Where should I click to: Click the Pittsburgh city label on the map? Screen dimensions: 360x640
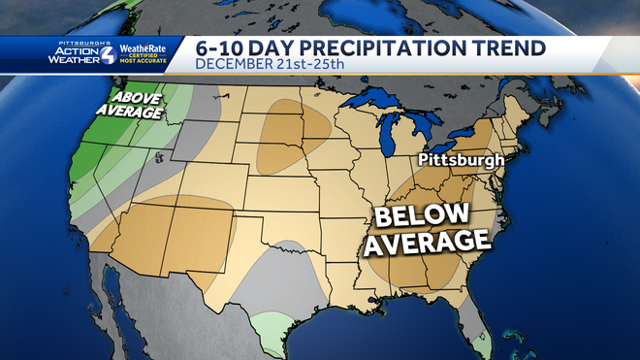click(462, 159)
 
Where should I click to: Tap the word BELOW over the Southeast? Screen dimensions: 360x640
click(423, 214)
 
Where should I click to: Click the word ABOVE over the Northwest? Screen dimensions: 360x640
click(137, 98)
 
